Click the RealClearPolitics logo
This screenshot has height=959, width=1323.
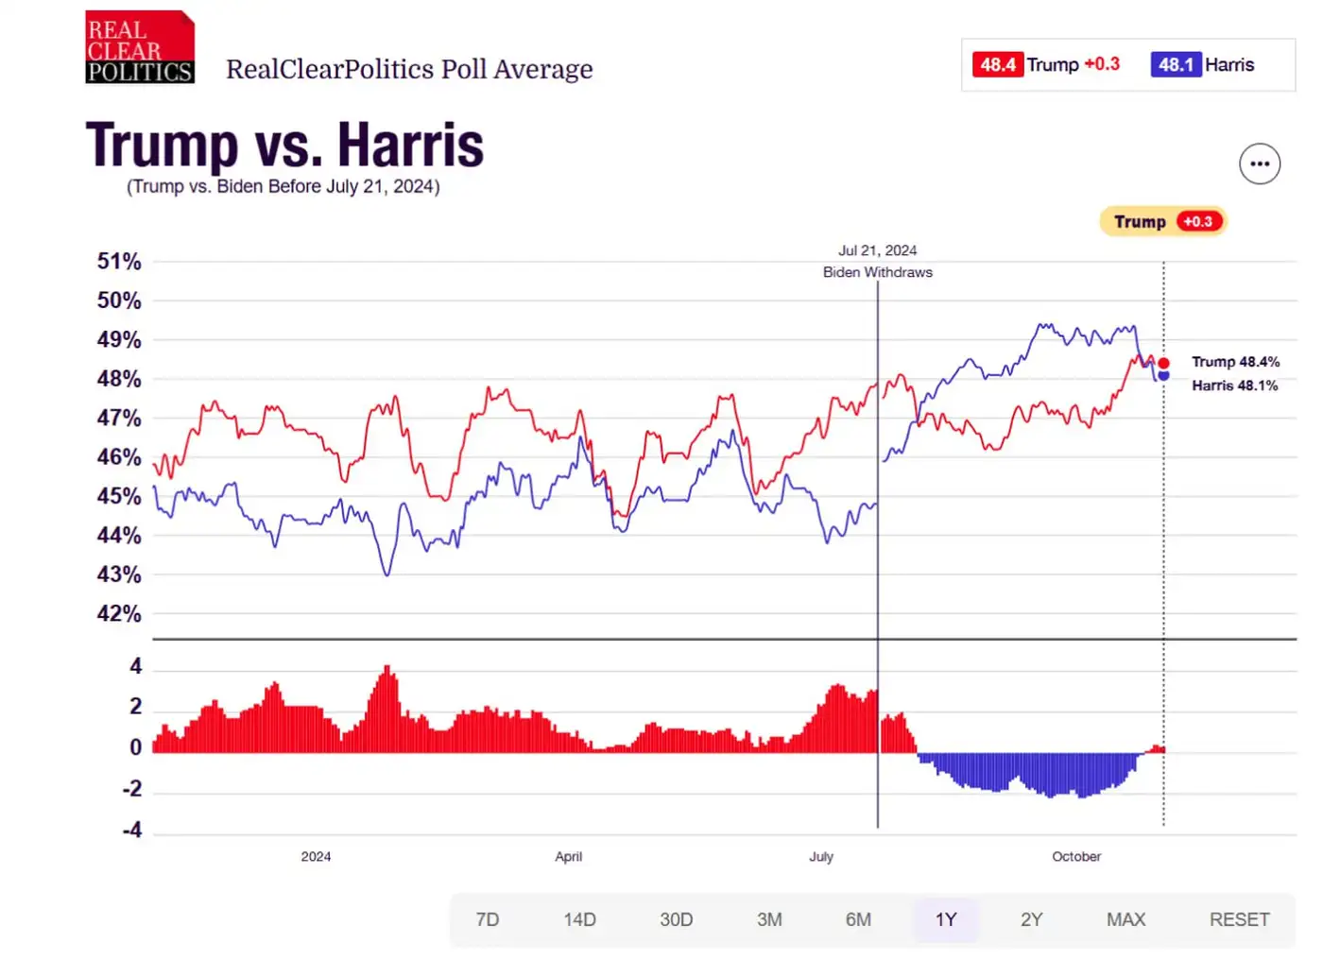coord(140,47)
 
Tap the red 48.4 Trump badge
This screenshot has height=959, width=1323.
coord(998,65)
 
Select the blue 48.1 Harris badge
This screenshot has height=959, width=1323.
coord(1176,65)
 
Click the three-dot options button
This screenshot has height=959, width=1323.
coord(1259,164)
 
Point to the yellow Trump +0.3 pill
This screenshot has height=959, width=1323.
coord(1163,222)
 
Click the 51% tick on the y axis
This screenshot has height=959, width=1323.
coord(119,262)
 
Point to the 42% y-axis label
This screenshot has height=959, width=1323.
coord(119,614)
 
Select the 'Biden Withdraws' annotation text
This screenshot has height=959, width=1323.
coord(877,272)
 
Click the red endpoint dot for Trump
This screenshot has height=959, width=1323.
coord(1163,364)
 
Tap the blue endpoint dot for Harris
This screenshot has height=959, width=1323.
coord(1163,376)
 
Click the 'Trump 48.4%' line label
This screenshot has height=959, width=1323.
coord(1235,362)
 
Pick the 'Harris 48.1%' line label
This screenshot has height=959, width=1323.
coord(1234,385)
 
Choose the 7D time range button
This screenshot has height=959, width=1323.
coord(488,919)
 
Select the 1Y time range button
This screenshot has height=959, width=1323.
coord(946,919)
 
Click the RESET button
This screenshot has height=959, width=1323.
coord(1239,919)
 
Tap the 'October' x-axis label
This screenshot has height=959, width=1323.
coord(1076,857)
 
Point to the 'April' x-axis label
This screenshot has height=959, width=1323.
coord(568,857)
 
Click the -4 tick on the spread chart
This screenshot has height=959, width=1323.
coord(132,831)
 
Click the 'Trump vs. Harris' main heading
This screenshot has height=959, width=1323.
coord(284,146)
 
